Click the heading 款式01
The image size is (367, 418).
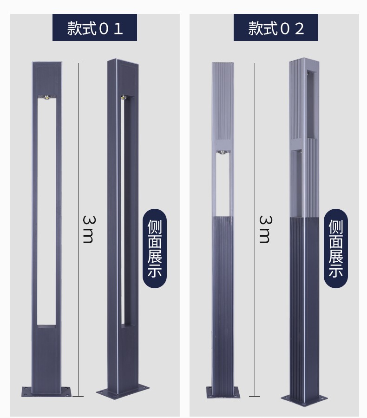coord(95,28)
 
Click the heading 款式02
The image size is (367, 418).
coord(276,28)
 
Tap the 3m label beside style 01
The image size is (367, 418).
coord(88,230)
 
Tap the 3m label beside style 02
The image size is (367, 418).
coord(265,230)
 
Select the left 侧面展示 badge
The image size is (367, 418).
coord(155,248)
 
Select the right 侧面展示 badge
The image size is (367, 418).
coord(336,248)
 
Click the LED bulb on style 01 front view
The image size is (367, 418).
coord(47,97)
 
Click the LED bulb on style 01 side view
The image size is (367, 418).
coord(124,97)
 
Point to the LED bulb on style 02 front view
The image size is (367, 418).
coord(223,153)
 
